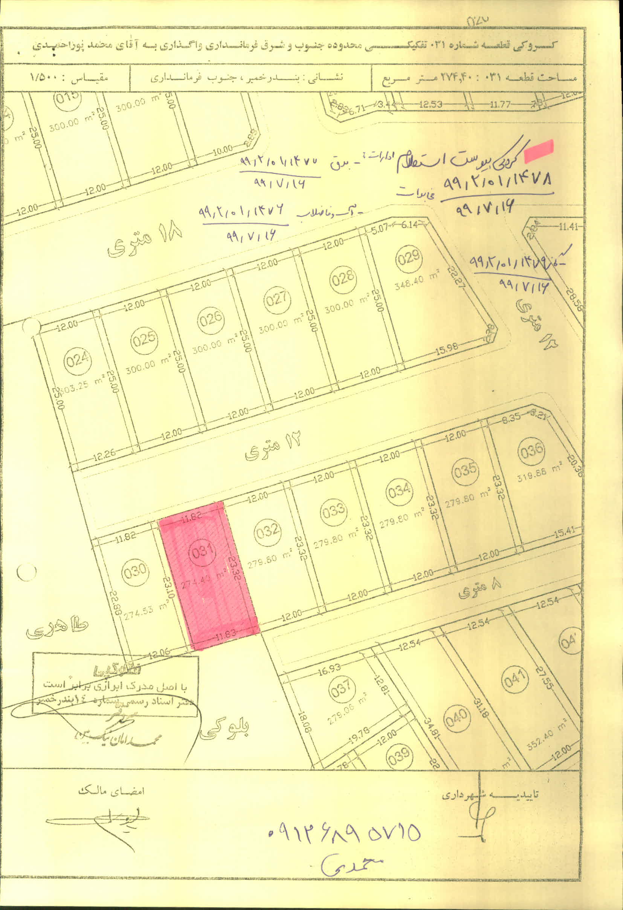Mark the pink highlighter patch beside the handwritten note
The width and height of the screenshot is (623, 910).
pos(539,152)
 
